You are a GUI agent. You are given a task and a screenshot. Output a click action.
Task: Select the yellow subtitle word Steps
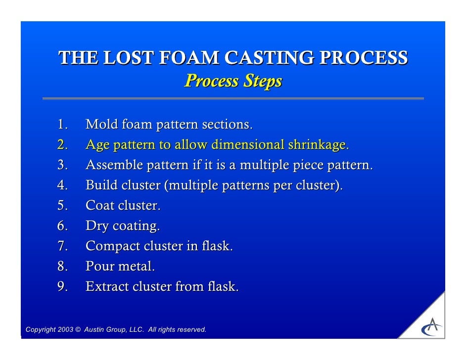[x=262, y=81]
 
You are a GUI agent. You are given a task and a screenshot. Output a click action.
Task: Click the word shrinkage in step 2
[x=317, y=145]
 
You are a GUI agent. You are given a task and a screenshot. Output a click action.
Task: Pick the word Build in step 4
[x=100, y=185]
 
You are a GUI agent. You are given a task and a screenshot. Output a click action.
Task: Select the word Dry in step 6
[x=97, y=226]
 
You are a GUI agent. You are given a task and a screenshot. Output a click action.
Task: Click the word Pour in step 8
[x=99, y=267]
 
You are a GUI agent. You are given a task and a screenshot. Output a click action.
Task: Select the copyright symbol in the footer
[x=78, y=330]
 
